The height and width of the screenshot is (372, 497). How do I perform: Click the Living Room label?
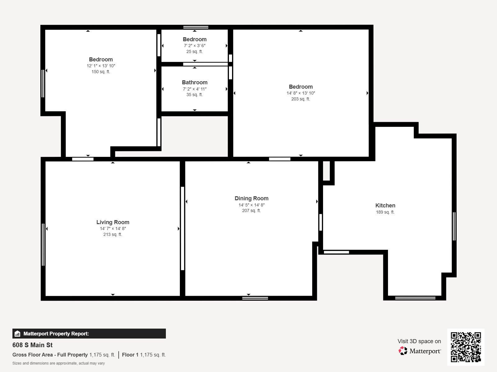[113, 222]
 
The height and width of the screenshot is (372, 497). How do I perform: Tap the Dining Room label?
[251, 198]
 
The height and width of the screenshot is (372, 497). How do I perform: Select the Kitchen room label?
[385, 206]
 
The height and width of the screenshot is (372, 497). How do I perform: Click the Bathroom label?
[194, 82]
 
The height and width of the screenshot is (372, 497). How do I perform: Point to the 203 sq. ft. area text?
[300, 99]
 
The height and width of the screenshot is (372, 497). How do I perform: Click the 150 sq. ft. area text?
[101, 72]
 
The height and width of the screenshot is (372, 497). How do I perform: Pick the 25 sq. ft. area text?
[194, 51]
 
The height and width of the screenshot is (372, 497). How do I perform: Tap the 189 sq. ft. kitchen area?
[385, 212]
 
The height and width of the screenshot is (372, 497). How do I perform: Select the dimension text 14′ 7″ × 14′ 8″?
[113, 228]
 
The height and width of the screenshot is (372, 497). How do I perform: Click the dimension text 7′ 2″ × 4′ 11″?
[194, 89]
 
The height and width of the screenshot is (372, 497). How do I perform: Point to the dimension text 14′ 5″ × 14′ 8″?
[251, 205]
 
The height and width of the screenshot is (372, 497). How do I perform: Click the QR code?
[466, 347]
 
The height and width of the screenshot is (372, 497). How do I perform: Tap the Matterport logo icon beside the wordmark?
[403, 351]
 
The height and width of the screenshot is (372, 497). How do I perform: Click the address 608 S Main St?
[32, 345]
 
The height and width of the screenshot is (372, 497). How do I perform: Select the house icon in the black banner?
[17, 334]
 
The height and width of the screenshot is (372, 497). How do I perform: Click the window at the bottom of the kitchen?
[415, 298]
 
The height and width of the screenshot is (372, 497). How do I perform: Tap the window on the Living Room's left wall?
[43, 245]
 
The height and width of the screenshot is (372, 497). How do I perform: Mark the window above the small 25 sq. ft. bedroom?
[196, 27]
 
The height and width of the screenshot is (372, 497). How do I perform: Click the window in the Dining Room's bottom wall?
[255, 298]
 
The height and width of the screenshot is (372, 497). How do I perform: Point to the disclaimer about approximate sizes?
[58, 363]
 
